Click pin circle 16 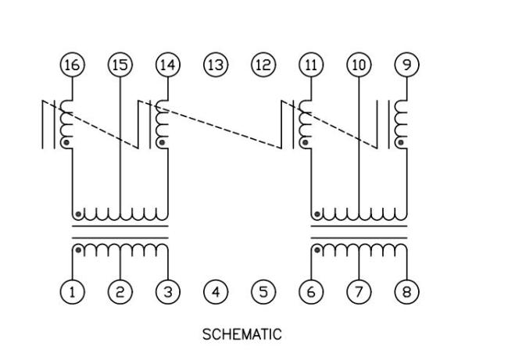(x=72, y=65)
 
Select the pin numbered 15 (x=120, y=65)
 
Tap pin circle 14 (x=167, y=65)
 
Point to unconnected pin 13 (x=216, y=65)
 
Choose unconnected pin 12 (x=263, y=65)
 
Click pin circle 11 (x=311, y=65)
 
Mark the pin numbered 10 (x=359, y=65)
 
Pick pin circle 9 (x=406, y=65)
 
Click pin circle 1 (x=72, y=292)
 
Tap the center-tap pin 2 (x=120, y=292)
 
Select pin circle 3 (x=167, y=292)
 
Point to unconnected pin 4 (x=216, y=292)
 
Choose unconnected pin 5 (x=263, y=292)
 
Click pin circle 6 (x=311, y=292)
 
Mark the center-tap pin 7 (x=359, y=292)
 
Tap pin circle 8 (x=406, y=292)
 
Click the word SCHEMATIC (x=241, y=335)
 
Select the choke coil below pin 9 (x=402, y=123)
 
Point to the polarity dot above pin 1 (x=78, y=251)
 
